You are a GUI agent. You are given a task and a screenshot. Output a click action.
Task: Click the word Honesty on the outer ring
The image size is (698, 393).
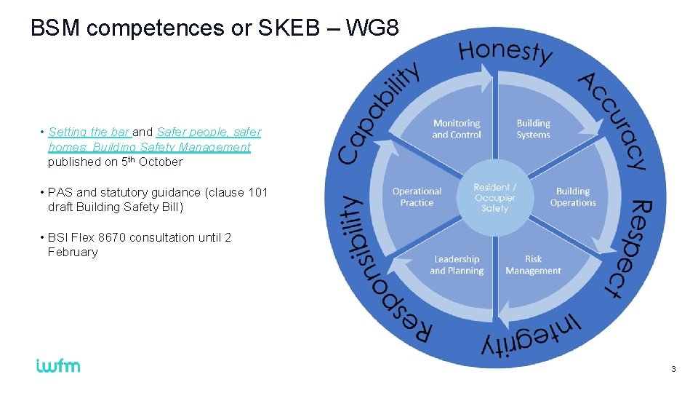pos(505,51)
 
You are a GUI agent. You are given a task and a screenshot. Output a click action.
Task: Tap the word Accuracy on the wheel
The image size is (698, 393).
pos(613,120)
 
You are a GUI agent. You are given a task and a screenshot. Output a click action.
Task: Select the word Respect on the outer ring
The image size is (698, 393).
pos(625,248)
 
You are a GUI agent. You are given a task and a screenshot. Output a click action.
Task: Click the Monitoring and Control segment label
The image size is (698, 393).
pos(457,129)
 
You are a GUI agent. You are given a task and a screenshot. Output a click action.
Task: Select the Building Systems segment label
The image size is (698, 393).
pos(534,129)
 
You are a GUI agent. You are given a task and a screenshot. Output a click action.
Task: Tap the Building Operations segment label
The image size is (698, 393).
pos(573,197)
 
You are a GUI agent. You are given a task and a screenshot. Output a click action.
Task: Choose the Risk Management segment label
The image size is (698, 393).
pos(534,265)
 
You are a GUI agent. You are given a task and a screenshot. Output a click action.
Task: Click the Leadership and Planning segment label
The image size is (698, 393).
pos(457,265)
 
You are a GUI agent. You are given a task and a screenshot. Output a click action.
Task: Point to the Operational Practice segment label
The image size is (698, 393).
pos(417,197)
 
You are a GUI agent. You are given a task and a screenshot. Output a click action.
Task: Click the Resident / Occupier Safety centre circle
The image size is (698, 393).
pos(495,198)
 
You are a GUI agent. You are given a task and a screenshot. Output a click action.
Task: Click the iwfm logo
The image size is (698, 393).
pos(58,365)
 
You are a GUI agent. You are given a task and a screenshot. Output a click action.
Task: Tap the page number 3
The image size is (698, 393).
pos(673,370)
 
